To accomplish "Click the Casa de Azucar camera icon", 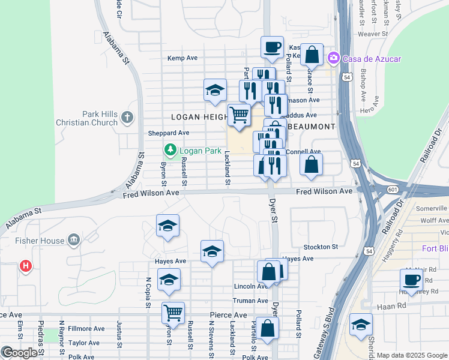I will click(333, 58).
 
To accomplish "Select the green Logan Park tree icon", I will click(170, 150).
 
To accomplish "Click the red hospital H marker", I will click(25, 265).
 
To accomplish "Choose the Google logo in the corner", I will click(19, 353).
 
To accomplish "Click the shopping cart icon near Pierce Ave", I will click(173, 312).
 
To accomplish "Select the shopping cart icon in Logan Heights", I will click(239, 113).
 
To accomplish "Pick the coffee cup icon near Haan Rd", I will click(412, 279).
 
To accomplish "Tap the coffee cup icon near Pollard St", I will click(272, 47).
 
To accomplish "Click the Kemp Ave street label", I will click(182, 58).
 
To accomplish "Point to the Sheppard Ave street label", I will click(169, 133).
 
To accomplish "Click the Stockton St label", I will click(321, 247).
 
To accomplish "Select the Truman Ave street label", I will click(250, 301).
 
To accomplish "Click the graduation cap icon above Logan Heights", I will click(215, 90).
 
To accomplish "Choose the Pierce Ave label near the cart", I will click(228, 315).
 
